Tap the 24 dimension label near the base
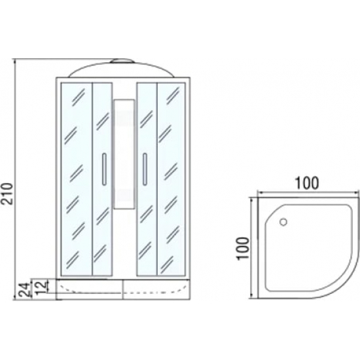[25, 290]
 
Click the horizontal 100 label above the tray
[307, 183]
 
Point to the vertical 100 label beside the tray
[243, 249]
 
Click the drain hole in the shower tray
[283, 222]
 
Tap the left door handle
[104, 169]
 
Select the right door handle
[145, 169]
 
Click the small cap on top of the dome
[122, 61]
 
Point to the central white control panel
[124, 154]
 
